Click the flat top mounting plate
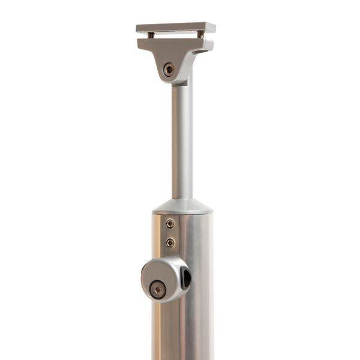(x=175, y=28)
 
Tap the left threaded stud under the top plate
(x=151, y=35)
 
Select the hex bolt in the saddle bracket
(x=169, y=70)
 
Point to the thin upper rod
(x=182, y=138)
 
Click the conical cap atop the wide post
(x=182, y=205)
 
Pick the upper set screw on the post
(x=170, y=223)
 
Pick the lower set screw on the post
(x=170, y=242)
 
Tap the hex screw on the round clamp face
(x=158, y=289)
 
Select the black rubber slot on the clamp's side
(x=186, y=278)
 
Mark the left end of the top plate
(x=140, y=28)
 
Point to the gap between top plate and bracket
(x=175, y=36)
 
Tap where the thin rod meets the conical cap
(x=182, y=199)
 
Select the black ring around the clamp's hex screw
(x=152, y=289)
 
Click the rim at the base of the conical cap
(x=182, y=212)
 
